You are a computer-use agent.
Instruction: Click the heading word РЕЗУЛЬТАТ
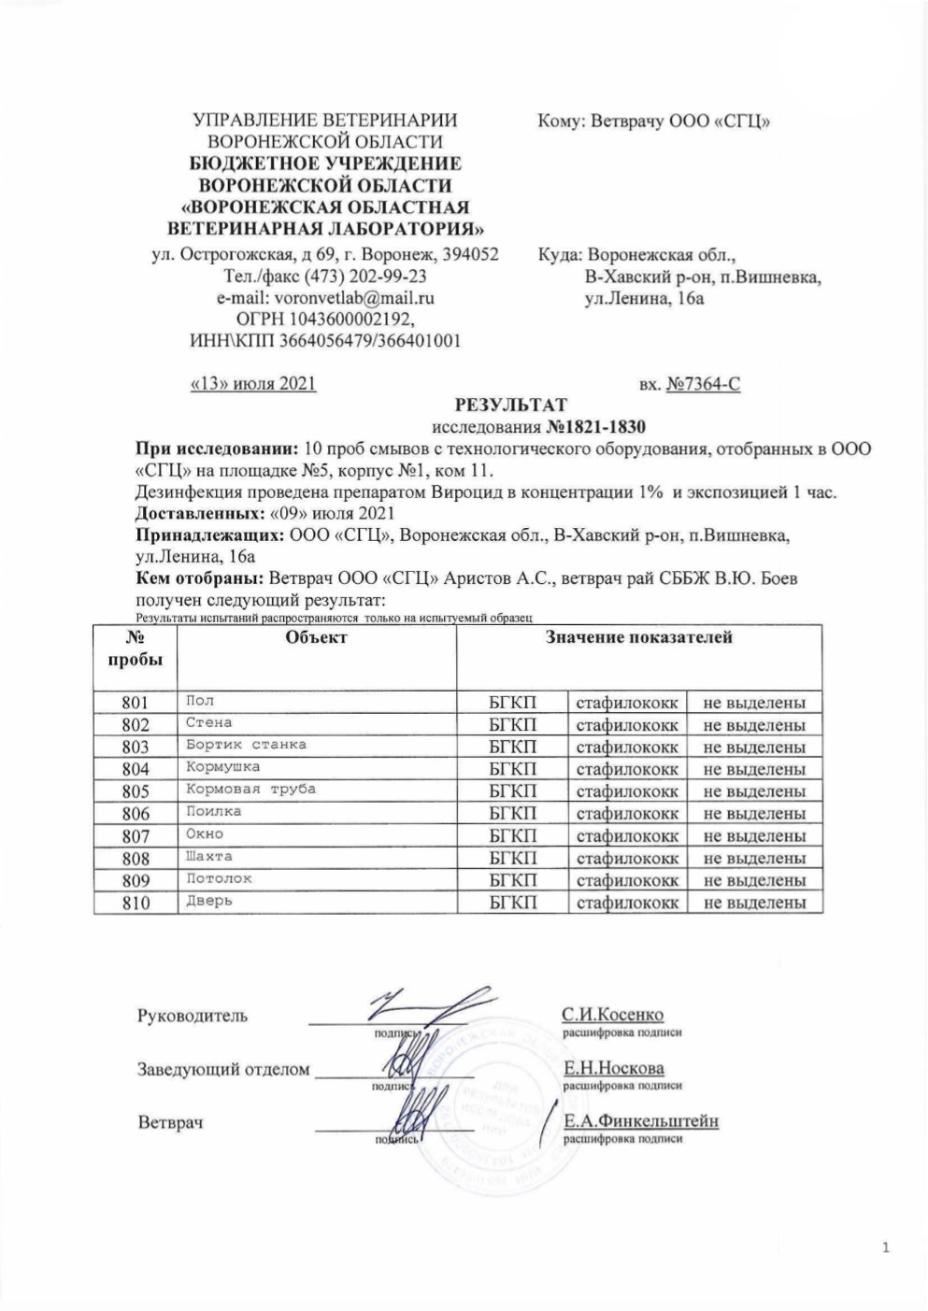(x=509, y=406)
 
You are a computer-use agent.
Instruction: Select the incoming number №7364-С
(x=703, y=383)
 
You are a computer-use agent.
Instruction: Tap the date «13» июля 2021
(x=252, y=383)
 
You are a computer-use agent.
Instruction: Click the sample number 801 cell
(x=136, y=703)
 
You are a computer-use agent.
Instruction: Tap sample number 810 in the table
(x=136, y=902)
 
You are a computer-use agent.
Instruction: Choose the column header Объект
(x=316, y=637)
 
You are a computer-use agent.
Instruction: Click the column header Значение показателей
(x=639, y=637)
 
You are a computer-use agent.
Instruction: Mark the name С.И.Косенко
(x=612, y=1015)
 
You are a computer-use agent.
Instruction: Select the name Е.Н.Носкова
(x=612, y=1068)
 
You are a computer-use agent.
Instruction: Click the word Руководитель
(x=193, y=1016)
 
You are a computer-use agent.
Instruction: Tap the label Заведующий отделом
(x=223, y=1069)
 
